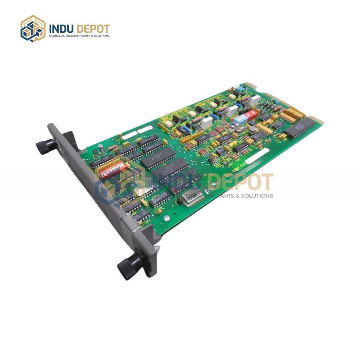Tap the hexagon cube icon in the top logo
33,28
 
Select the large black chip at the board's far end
299,130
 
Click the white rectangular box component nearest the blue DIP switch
232,110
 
